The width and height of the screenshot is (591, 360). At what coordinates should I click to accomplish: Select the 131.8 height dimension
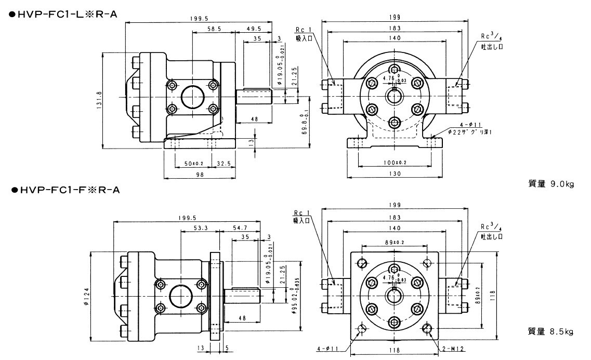point(99,97)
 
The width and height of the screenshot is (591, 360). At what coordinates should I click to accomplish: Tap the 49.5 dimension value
point(253,30)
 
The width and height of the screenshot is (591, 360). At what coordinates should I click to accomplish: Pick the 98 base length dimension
point(200,175)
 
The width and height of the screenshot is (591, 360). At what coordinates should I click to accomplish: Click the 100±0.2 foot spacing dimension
point(395,163)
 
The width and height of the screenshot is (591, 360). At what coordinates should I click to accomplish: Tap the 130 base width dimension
point(395,174)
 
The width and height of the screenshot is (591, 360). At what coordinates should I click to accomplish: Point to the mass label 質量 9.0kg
point(550,183)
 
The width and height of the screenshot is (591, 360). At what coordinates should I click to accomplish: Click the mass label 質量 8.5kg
point(550,331)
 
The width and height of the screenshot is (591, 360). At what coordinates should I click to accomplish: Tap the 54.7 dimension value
point(240,228)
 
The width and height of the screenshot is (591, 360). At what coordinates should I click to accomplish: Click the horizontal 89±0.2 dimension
point(395,242)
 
